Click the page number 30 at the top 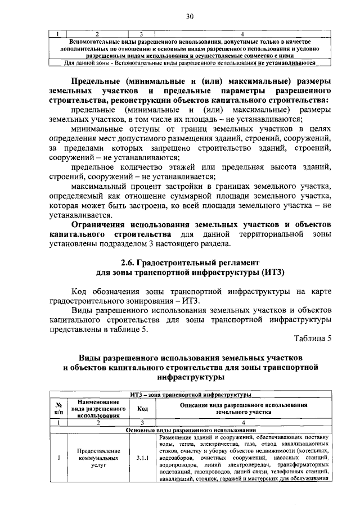click(190, 17)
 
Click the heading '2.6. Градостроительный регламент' click(190, 263)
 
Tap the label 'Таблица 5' click(313, 338)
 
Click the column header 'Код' click(143, 409)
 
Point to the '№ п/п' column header click(58, 409)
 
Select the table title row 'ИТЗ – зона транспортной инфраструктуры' click(190, 395)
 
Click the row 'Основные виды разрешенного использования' click(190, 430)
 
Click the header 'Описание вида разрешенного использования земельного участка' click(244, 409)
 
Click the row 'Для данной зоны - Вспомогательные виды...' click(190, 63)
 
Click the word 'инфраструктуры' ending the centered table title click(190, 378)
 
